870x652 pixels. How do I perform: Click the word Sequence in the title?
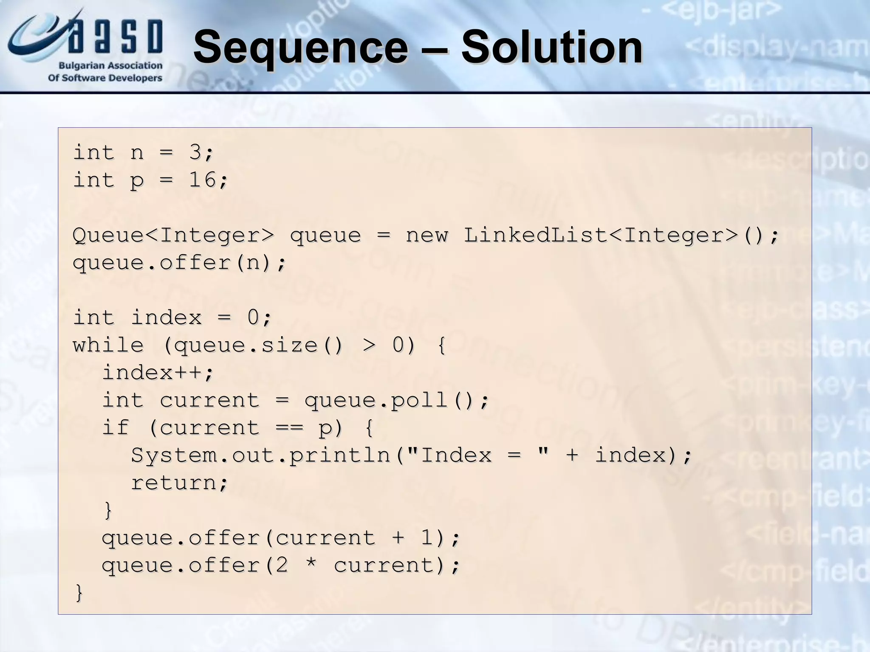[x=300, y=48]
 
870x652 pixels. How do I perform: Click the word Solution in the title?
[x=552, y=48]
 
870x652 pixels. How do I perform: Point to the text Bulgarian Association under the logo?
[x=110, y=66]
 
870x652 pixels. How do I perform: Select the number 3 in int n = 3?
[x=195, y=152]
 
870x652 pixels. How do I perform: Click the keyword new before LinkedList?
[x=427, y=235]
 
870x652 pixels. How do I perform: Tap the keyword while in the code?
[x=108, y=345]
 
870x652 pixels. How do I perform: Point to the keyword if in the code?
[x=116, y=427]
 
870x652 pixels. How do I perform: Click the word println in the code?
[x=340, y=455]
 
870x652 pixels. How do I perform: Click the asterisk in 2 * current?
[x=311, y=565]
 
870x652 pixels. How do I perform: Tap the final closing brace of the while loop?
[x=79, y=593]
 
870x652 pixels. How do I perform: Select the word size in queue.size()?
[x=289, y=345]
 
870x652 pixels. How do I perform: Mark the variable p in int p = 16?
[x=137, y=180]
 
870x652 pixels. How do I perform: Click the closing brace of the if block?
[x=108, y=510]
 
